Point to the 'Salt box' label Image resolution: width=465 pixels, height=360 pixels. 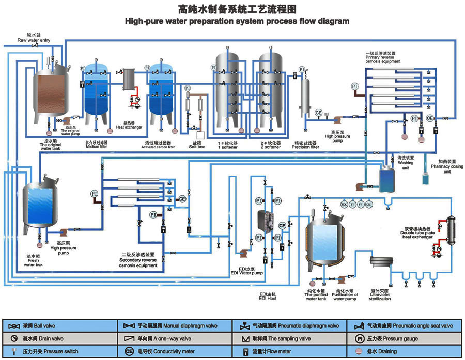197,147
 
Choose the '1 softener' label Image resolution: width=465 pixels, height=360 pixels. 227,147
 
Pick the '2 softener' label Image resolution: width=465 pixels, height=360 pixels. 270,147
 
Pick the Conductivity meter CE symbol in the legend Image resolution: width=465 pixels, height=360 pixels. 129,352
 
